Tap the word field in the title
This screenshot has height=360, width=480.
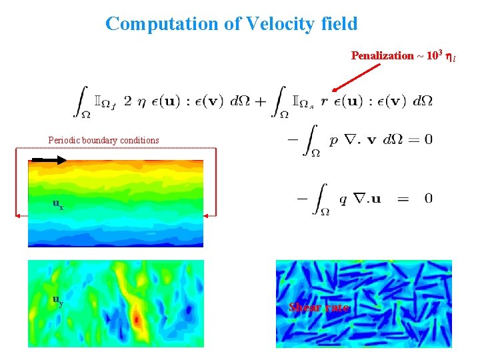click(337, 24)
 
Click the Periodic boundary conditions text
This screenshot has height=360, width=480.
click(104, 141)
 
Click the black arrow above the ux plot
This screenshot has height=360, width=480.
click(49, 160)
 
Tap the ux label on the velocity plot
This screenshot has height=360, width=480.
click(59, 204)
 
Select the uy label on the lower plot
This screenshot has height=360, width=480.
click(59, 300)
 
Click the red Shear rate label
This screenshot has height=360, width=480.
click(319, 307)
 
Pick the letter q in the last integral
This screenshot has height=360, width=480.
click(343, 199)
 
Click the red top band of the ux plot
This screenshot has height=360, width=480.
click(115, 164)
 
